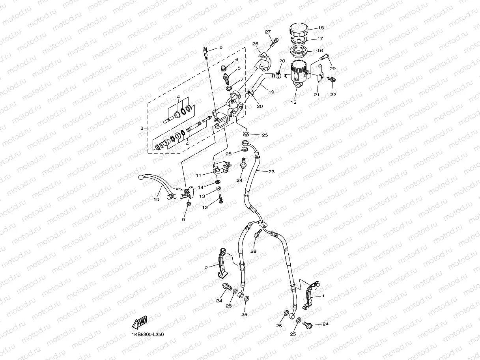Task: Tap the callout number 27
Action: [x=268, y=32]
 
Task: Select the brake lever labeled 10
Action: [x=162, y=187]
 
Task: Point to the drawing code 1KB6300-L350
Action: [x=148, y=334]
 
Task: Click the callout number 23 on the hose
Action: [x=271, y=172]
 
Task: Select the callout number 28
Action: [x=253, y=251]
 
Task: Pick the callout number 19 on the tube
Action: [x=271, y=91]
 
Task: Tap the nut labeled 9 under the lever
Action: [x=189, y=204]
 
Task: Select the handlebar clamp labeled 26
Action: [x=264, y=58]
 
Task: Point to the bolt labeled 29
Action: [x=323, y=58]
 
